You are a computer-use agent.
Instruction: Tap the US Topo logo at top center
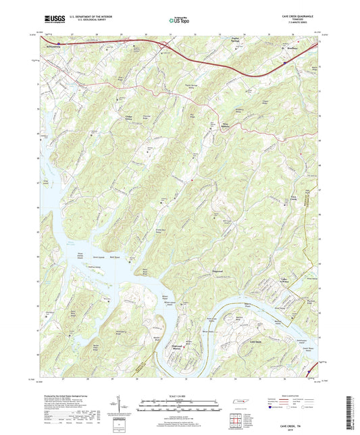tap(180, 21)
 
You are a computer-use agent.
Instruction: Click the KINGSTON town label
tap(53, 47)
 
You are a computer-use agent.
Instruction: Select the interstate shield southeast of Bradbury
tap(284, 61)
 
